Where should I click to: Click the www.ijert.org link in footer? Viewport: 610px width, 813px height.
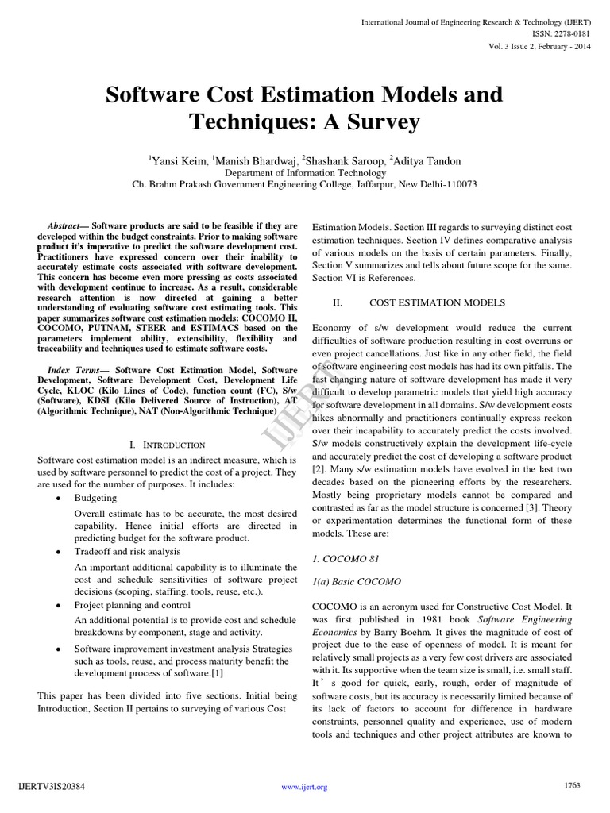click(x=305, y=787)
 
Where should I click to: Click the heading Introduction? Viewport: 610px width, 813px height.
click(x=172, y=445)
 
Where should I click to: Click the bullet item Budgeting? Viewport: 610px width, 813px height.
click(x=95, y=498)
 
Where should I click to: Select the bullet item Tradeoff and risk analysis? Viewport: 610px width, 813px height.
click(x=127, y=551)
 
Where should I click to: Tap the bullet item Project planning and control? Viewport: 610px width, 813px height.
click(x=131, y=605)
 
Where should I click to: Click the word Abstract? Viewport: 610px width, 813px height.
click(x=66, y=226)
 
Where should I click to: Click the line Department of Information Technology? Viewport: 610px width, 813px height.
click(x=304, y=171)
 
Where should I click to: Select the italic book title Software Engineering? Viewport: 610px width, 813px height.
click(x=526, y=618)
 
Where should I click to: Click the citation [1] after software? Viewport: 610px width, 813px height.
click(x=218, y=672)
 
